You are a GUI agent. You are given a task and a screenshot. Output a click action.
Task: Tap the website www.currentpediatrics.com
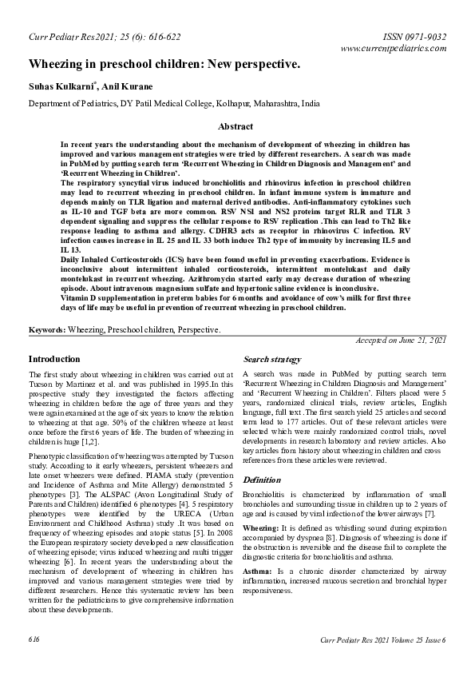pos(393,49)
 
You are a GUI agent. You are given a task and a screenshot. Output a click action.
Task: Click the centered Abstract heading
pos(236,126)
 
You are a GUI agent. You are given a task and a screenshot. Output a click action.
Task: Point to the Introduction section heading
pos(54,360)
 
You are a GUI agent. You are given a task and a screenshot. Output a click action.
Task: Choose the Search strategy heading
pos(272,360)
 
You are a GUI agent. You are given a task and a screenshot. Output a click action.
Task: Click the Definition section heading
pos(262,480)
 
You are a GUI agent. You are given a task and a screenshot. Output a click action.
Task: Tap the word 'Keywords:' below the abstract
pos(47,329)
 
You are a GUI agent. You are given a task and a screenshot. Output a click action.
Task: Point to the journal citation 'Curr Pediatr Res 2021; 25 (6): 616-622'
pos(101,37)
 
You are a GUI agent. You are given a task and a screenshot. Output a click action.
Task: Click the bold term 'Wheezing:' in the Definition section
pos(260,529)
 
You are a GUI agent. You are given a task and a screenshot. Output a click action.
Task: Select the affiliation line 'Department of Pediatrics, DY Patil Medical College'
pos(174,104)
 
